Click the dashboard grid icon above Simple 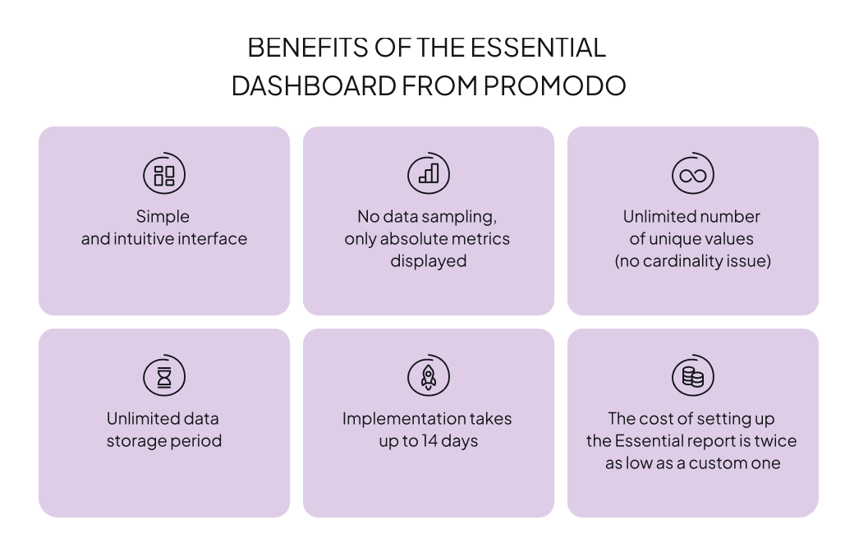point(164,175)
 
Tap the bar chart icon point(429,174)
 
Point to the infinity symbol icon point(693,175)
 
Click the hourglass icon point(164,377)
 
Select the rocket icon point(429,377)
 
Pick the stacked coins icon point(693,377)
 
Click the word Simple point(163,217)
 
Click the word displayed point(428,261)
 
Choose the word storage point(135,441)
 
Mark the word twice point(776,441)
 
